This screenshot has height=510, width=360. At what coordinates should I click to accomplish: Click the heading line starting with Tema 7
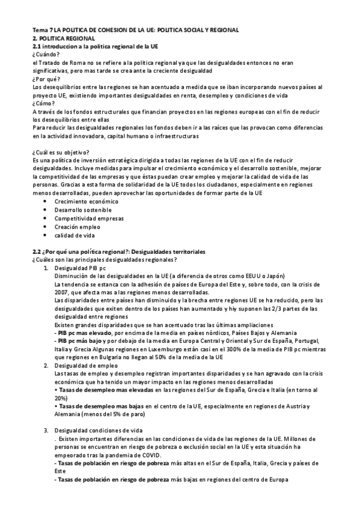[x=135, y=29]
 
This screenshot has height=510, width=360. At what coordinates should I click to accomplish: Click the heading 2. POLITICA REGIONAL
[x=63, y=38]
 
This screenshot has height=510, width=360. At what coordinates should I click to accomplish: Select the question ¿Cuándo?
[x=46, y=54]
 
